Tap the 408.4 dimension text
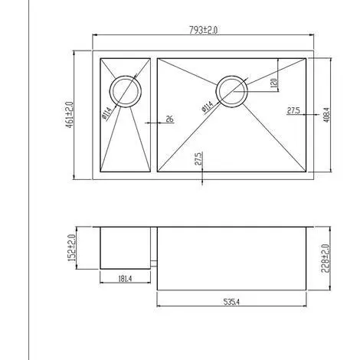[326, 115]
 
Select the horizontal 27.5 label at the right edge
[293, 110]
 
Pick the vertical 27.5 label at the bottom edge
[198, 159]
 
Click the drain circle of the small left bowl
[125, 90]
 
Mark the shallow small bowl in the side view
[126, 247]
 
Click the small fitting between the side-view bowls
[155, 263]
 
